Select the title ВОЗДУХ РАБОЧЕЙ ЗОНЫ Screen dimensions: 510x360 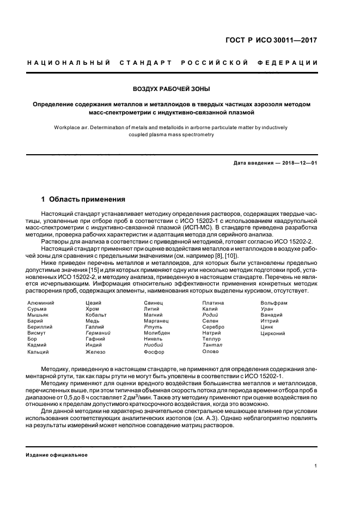click(x=172, y=88)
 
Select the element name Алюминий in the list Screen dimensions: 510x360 click(x=40, y=302)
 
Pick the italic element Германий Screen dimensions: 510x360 click(x=98, y=332)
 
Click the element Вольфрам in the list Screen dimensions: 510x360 click(x=273, y=302)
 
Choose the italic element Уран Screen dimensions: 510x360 click(x=267, y=308)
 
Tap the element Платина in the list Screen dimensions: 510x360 click(x=213, y=302)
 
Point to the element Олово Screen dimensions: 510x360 click(x=210, y=351)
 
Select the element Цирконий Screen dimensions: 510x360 click(x=273, y=332)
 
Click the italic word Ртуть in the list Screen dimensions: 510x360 click(x=152, y=326)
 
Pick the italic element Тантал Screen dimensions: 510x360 click(x=212, y=345)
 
